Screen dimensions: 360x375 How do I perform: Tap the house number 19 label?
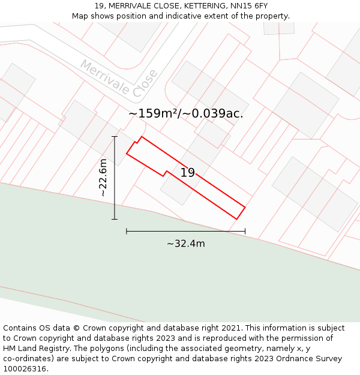(x=188, y=173)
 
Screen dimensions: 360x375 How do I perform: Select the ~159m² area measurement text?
(x=154, y=113)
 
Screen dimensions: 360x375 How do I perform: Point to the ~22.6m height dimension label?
(x=103, y=178)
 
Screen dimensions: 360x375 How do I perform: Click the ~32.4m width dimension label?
(x=185, y=244)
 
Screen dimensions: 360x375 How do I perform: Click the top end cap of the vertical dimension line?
(x=115, y=137)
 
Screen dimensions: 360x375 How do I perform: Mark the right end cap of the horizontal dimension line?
(x=245, y=230)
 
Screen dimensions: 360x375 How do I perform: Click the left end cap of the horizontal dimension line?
(x=127, y=230)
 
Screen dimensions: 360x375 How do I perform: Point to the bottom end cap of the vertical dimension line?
(x=115, y=220)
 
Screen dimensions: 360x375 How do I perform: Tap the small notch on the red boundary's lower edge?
(x=165, y=174)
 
